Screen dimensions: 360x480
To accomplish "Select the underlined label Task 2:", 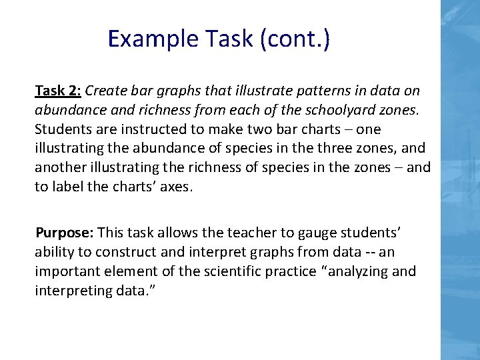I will pos(59,90).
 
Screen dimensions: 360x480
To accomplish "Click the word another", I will pos(59,167).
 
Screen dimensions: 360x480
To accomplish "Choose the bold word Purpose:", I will pos(65,233).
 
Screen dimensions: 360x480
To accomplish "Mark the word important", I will pos(64,271).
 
